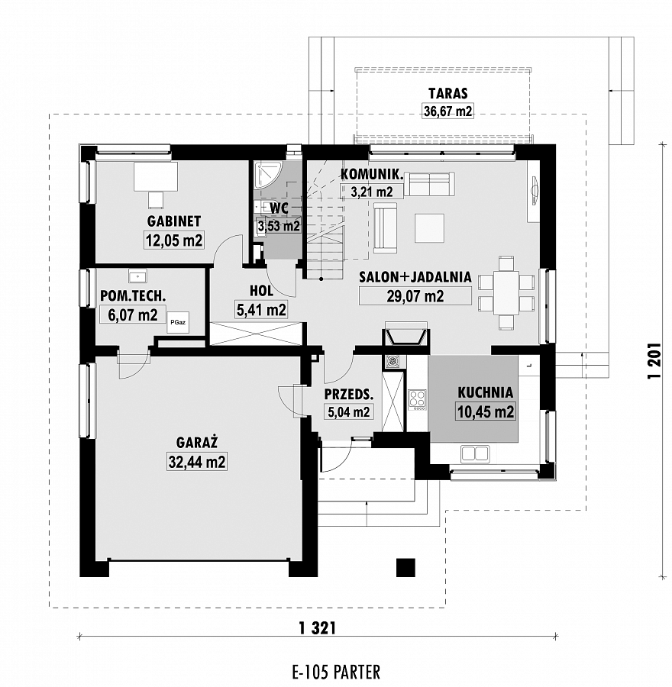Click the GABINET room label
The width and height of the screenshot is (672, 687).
click(x=173, y=221)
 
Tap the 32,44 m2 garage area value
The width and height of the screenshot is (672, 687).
click(x=197, y=463)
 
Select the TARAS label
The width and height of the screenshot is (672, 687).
click(x=448, y=93)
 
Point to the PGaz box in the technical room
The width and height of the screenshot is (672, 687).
click(x=178, y=322)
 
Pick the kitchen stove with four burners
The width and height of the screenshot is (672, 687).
click(x=417, y=399)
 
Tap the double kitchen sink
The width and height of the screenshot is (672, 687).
click(x=474, y=453)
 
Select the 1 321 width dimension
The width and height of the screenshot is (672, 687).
click(x=318, y=628)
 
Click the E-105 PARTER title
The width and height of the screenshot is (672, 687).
click(x=336, y=672)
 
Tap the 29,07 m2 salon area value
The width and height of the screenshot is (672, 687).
click(x=415, y=296)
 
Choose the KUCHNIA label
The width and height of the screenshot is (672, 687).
click(x=485, y=392)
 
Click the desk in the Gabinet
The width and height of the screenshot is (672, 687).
click(x=156, y=176)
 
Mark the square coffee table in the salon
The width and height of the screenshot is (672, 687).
click(x=430, y=227)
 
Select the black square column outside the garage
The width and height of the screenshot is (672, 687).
click(x=405, y=567)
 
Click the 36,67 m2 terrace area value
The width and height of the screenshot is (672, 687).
click(x=448, y=111)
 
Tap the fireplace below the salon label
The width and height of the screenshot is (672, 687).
click(x=405, y=335)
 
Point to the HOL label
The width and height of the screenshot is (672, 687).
click(x=262, y=290)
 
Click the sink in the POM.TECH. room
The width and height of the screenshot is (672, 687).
click(x=138, y=276)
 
